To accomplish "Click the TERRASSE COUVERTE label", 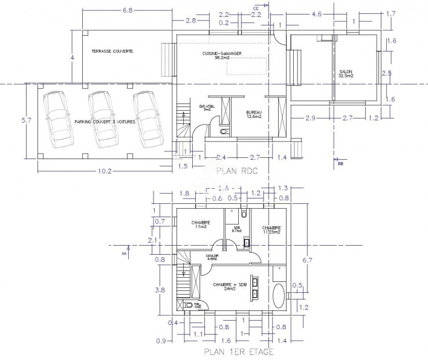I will pos(112,51).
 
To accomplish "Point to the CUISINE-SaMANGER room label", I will pos(222,55).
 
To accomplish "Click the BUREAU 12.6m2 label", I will pos(255,115).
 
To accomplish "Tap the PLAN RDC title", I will pos(236,171).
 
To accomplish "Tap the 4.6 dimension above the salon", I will pos(316,13).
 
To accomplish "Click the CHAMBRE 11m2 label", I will pos(201,224).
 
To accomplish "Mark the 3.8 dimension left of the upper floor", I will pos(160,290).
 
